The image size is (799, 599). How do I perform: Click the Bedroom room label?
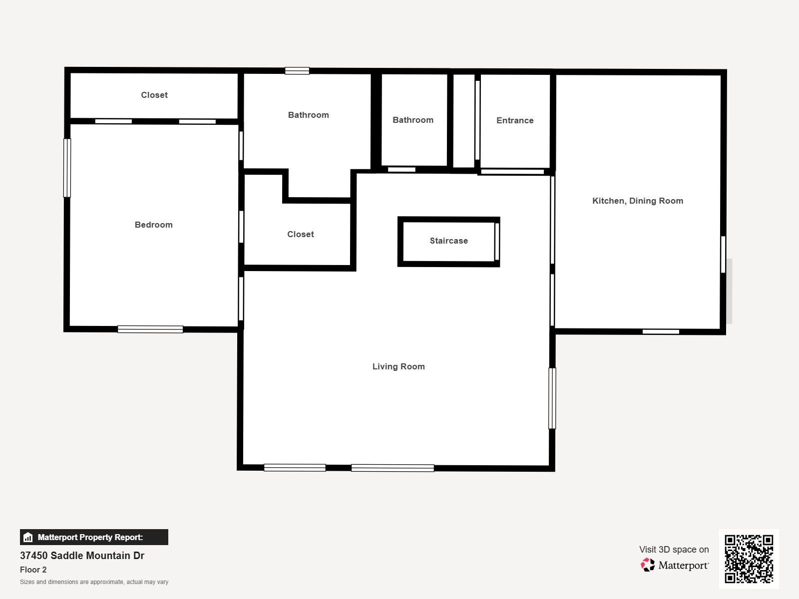tap(154, 225)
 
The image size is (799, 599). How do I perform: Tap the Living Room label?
tap(399, 366)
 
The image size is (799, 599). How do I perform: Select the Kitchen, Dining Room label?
tap(638, 201)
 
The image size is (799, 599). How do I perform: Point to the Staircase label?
tap(449, 241)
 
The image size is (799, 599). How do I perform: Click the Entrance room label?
tap(515, 120)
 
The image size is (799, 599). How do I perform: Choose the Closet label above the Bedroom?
tap(154, 95)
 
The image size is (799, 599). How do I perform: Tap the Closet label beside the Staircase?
tap(301, 234)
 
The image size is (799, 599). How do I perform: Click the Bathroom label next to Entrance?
tap(413, 120)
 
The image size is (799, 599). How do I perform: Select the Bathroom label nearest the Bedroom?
tap(309, 115)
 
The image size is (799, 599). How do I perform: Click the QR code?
tap(749, 559)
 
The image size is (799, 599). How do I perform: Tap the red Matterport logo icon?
tap(648, 565)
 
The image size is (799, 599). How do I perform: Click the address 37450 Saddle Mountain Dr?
tap(82, 556)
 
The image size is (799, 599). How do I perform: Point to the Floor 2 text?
tap(33, 570)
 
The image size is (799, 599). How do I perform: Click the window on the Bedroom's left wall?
tap(67, 168)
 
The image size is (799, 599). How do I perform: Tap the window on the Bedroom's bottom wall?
tap(150, 329)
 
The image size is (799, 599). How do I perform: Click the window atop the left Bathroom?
tap(297, 71)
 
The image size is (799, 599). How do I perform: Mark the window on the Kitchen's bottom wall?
tap(661, 331)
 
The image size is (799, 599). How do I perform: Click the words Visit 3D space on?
tap(674, 550)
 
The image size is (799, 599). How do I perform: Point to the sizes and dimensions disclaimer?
tap(94, 582)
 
